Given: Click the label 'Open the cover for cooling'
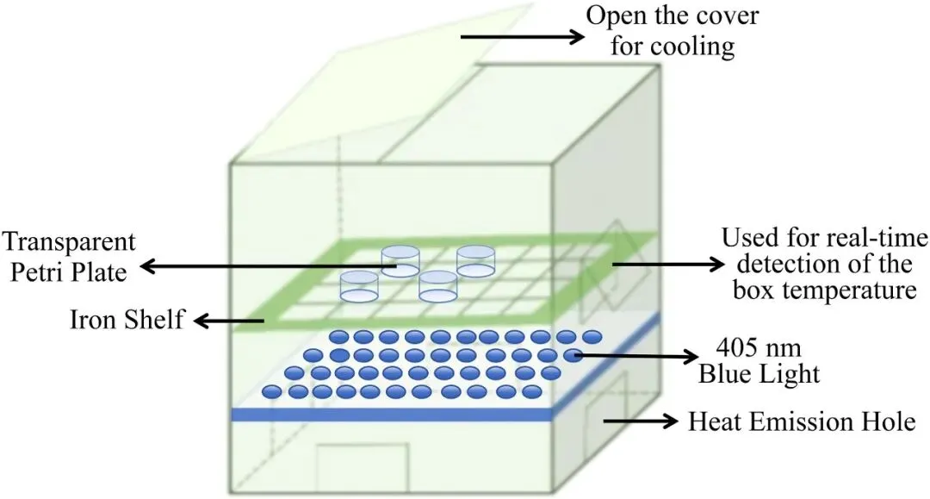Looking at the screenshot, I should click(x=673, y=29).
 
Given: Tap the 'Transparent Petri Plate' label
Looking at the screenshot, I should click(x=68, y=255).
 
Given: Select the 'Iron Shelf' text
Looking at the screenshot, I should click(x=127, y=320).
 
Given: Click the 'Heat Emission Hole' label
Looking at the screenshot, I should click(x=800, y=422).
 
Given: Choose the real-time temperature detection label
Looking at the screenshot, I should click(x=824, y=264).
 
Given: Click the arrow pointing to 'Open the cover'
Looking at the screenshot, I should click(x=522, y=37).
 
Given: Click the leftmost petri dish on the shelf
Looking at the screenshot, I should click(x=360, y=286).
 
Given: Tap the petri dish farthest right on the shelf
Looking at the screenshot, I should click(x=474, y=260).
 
